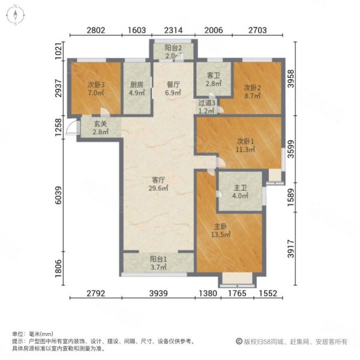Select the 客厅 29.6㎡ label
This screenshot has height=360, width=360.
(x=158, y=183)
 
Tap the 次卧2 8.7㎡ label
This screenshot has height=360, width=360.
(x=253, y=92)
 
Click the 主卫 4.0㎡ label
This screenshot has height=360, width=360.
(x=239, y=197)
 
